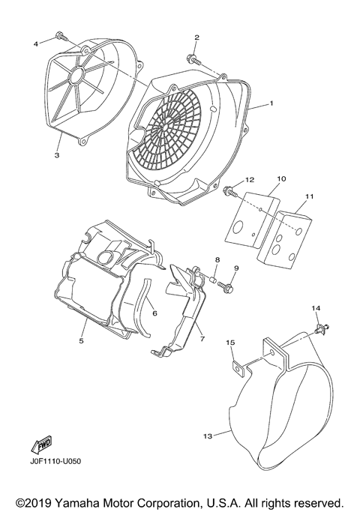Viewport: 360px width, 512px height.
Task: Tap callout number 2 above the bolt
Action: click(196, 37)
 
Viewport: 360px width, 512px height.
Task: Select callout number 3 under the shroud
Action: click(56, 155)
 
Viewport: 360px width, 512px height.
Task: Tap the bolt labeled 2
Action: click(193, 57)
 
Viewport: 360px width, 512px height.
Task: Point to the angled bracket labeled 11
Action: click(285, 239)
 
